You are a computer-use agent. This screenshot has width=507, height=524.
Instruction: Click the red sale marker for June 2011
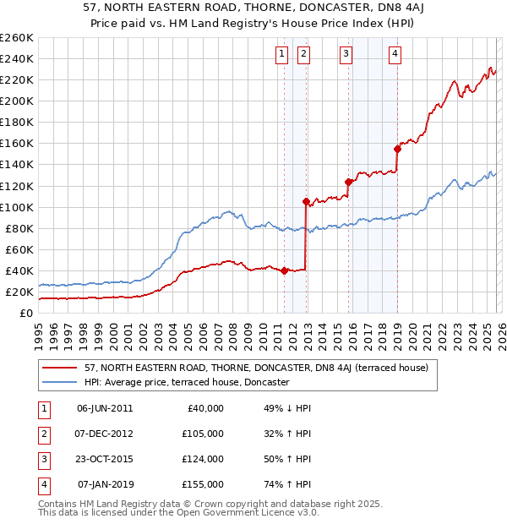click(284, 270)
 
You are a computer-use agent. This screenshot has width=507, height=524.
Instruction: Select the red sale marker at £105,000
click(306, 201)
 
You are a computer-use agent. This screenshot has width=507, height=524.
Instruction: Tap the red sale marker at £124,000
click(348, 181)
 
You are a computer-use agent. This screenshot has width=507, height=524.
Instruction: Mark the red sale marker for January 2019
click(396, 149)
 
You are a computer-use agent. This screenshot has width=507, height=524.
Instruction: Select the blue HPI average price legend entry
click(187, 382)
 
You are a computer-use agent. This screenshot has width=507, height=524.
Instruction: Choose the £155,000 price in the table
click(202, 484)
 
